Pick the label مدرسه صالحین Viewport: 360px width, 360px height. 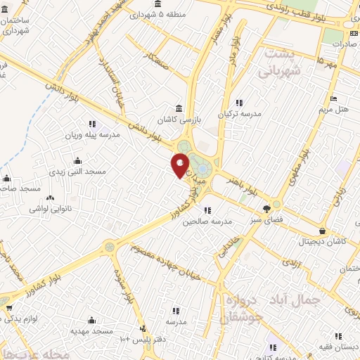point(207,221)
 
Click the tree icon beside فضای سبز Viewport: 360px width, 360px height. point(266,208)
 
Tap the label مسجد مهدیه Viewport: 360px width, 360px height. point(91,330)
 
